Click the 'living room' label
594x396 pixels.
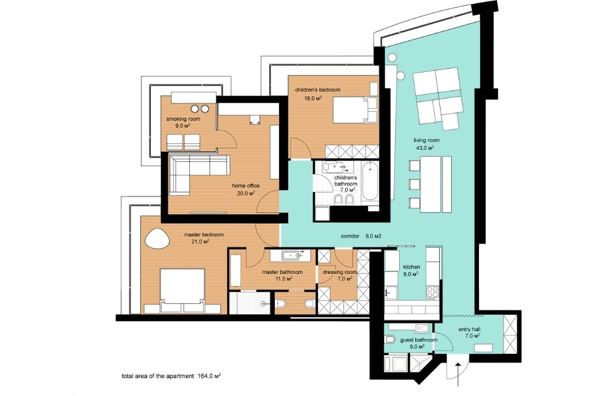(426, 140)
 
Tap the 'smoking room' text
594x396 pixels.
(183, 119)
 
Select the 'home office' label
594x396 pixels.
(246, 186)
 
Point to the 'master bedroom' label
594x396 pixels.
(204, 235)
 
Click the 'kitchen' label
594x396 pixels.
(411, 267)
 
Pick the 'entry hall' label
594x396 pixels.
(470, 329)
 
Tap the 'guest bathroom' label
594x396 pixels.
(419, 340)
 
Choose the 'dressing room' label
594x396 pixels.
(340, 272)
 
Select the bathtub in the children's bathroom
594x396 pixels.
(369, 182)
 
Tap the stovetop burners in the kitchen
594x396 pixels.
(433, 293)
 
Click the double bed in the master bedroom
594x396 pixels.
(182, 291)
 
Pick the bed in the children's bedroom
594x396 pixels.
(355, 110)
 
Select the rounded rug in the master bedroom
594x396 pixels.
(155, 239)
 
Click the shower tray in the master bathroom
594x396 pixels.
(249, 302)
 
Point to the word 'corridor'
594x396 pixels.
(350, 236)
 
